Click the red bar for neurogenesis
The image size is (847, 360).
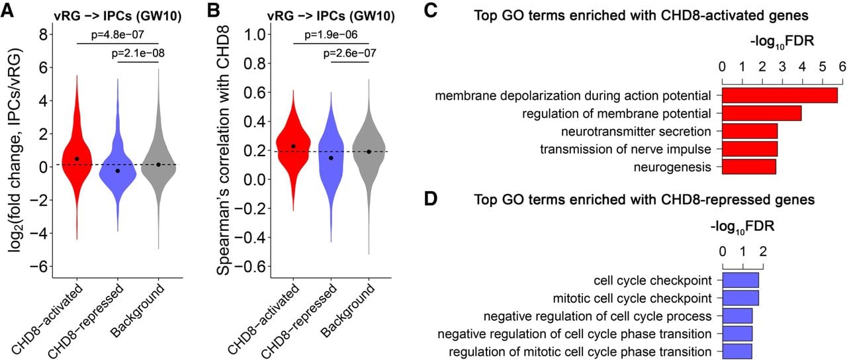[748, 167]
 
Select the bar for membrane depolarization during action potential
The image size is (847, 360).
[780, 95]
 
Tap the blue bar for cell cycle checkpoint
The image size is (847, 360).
[740, 280]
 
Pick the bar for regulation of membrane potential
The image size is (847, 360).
[762, 113]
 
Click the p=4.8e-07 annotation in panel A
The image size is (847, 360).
[118, 35]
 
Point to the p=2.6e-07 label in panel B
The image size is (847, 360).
[350, 53]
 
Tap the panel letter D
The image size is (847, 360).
[431, 199]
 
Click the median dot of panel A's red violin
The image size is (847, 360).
[77, 159]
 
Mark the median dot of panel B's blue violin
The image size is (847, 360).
[331, 157]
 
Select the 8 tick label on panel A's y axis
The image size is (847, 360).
[44, 35]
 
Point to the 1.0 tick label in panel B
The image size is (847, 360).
[255, 35]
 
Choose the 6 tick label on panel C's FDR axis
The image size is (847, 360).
[842, 67]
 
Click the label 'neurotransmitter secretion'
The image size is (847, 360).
[636, 132]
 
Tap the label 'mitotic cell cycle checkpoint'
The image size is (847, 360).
[632, 298]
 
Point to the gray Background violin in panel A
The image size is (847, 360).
[158, 159]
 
